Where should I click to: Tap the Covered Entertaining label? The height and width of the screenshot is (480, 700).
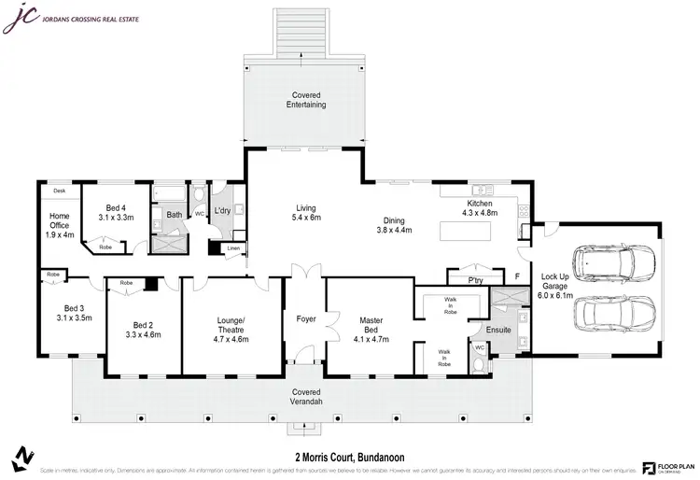(306, 101)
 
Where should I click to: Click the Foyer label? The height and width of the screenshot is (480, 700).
(306, 318)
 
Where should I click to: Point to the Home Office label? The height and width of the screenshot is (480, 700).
(59, 224)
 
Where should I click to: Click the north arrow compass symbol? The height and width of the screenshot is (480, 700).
(20, 458)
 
